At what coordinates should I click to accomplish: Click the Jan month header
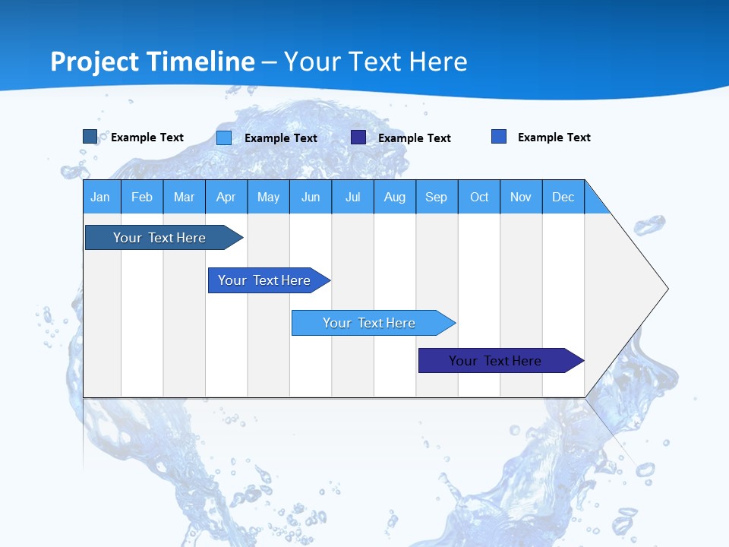click(x=101, y=197)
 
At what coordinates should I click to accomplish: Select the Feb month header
click(x=142, y=197)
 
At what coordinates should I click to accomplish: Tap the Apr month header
click(x=226, y=197)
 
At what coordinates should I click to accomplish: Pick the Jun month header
click(x=311, y=197)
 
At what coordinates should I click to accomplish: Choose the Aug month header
click(x=395, y=197)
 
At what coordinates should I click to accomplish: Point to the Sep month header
click(x=437, y=197)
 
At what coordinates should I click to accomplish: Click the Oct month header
click(x=479, y=197)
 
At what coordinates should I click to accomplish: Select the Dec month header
click(x=563, y=197)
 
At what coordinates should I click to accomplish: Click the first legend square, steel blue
click(x=90, y=137)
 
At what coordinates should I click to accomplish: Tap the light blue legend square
click(x=224, y=138)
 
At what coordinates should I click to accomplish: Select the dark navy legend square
click(x=358, y=138)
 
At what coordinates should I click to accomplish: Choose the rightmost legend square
click(x=499, y=137)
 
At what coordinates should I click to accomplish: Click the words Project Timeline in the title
click(x=153, y=62)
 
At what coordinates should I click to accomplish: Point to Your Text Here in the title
click(x=376, y=62)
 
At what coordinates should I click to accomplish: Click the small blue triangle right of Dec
click(x=595, y=204)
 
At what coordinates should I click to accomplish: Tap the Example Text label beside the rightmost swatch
click(x=554, y=138)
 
